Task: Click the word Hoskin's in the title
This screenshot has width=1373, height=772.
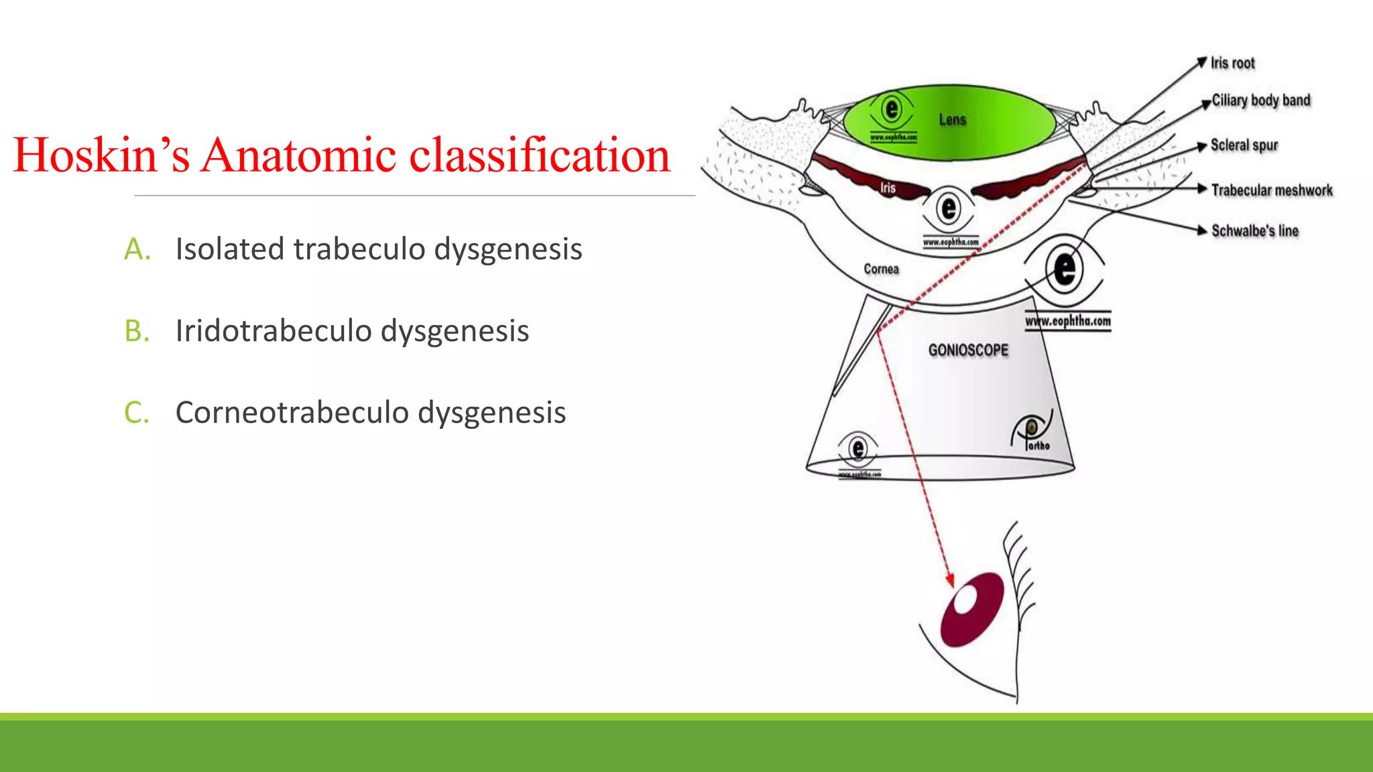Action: tap(101, 155)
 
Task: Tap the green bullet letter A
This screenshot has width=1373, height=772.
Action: tap(137, 249)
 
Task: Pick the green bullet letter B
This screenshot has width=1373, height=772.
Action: tap(137, 331)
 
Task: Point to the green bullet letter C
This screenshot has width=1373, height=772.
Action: tap(137, 413)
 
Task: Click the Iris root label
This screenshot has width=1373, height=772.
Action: tap(1232, 63)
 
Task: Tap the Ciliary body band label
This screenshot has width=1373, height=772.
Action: tap(1260, 101)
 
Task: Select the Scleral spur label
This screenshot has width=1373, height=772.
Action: tap(1244, 145)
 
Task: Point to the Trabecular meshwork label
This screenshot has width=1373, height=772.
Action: tap(1272, 190)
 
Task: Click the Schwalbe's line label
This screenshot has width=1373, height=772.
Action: tap(1254, 231)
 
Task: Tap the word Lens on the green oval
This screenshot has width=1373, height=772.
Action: tap(952, 120)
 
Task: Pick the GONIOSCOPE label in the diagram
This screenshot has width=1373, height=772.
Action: tap(968, 350)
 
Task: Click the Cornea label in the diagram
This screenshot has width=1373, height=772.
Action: tap(881, 269)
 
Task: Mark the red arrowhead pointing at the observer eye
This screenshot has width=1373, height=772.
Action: tap(949, 580)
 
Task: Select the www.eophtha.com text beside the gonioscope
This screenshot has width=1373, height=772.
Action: tap(1067, 322)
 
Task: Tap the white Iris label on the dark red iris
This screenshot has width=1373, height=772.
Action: tap(888, 188)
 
